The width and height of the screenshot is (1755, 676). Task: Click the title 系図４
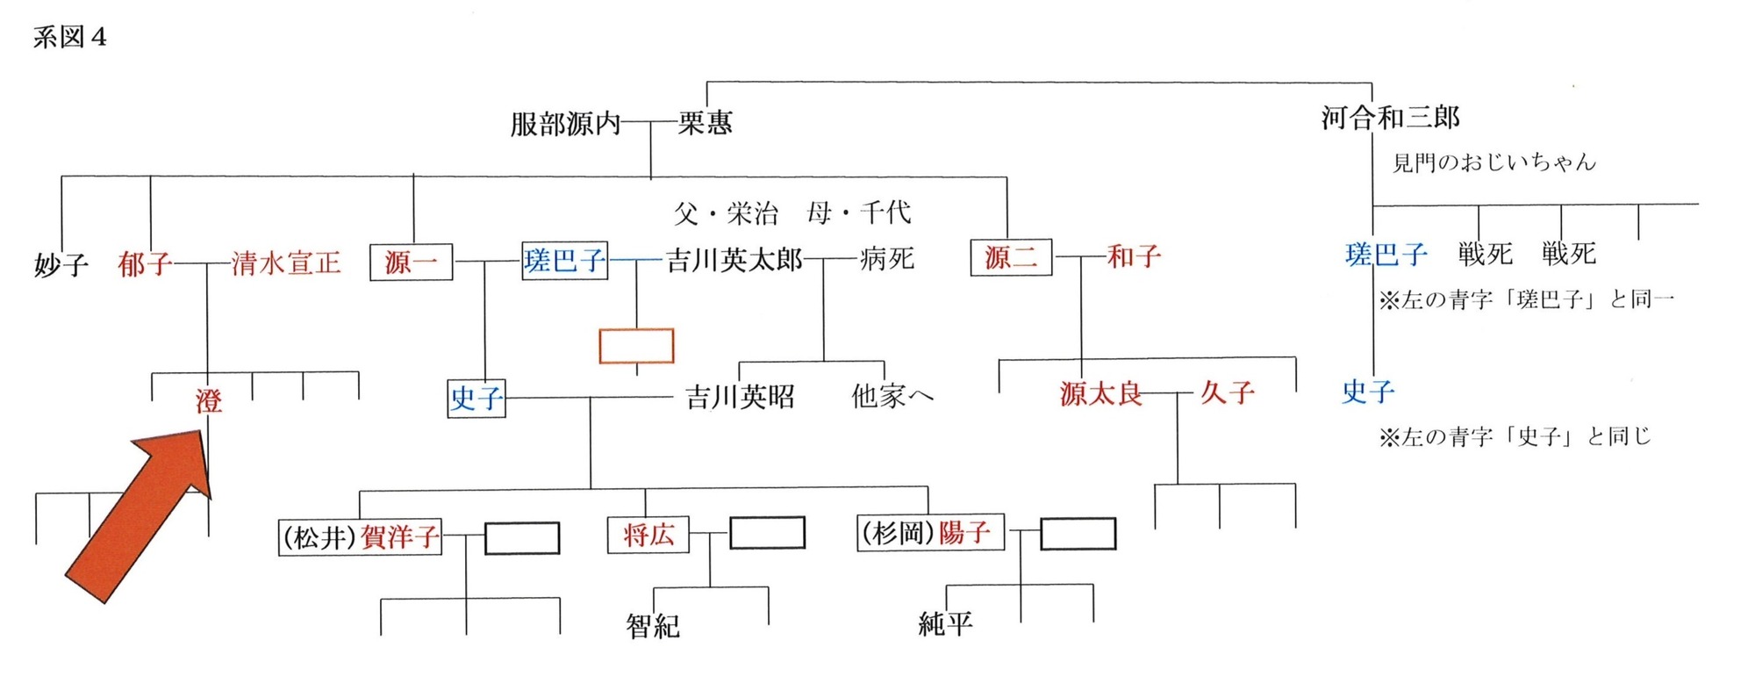(70, 38)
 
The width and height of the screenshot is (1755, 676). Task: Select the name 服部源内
(565, 124)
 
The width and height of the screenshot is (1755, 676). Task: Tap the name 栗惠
(705, 123)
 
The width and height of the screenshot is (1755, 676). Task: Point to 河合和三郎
(1391, 117)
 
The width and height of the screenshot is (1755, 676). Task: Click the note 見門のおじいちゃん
(1494, 162)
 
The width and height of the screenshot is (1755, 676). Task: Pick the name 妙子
(61, 264)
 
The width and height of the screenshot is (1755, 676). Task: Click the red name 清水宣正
(286, 262)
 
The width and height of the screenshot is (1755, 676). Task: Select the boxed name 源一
(411, 262)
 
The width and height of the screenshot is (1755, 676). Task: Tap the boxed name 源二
(1011, 257)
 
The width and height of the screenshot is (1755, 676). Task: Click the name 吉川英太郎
(734, 260)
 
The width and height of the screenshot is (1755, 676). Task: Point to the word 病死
(887, 258)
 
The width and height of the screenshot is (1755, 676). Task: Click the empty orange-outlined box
(636, 346)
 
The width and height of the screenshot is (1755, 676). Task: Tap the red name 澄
(209, 401)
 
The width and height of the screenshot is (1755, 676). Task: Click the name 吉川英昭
(740, 397)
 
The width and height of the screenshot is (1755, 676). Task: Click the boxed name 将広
(648, 534)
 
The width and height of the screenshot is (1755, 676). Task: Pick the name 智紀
(653, 625)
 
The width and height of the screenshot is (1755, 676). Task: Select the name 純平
(945, 623)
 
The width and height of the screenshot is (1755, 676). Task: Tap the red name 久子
(1227, 392)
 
